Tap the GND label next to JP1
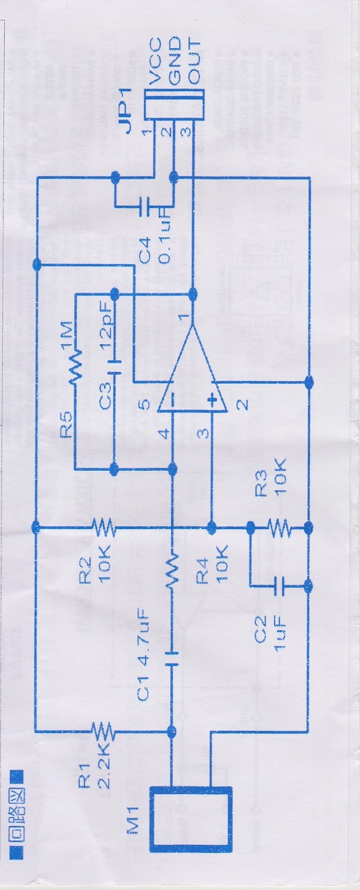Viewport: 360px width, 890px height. [174, 61]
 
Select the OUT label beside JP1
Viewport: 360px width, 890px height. [193, 62]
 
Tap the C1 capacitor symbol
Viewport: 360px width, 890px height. [172, 657]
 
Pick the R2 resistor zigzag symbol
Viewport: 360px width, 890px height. [104, 527]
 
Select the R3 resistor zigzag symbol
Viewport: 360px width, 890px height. [279, 527]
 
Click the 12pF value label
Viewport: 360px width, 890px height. [106, 330]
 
